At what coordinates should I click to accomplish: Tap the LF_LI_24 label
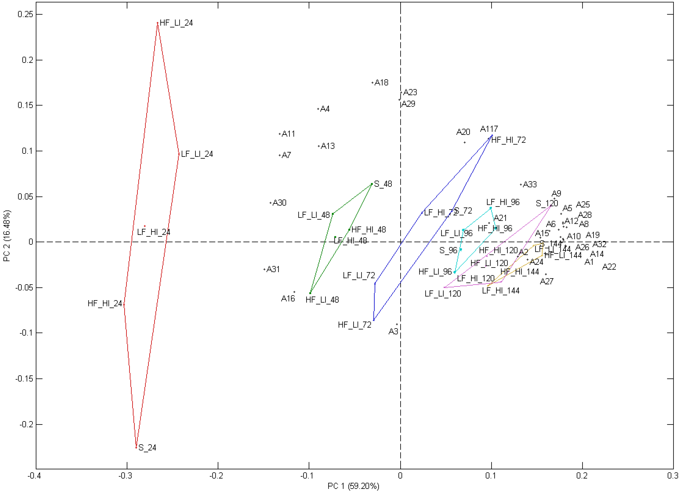pyautogui.click(x=197, y=154)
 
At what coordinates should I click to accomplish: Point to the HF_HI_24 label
pyautogui.click(x=105, y=304)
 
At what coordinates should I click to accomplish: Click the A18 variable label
pyautogui.click(x=381, y=83)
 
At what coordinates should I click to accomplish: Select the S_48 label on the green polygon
pyautogui.click(x=383, y=184)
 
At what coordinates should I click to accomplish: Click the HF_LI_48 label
pyautogui.click(x=322, y=300)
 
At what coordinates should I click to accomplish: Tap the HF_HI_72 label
pyautogui.click(x=509, y=140)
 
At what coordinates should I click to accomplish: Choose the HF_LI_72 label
pyautogui.click(x=355, y=325)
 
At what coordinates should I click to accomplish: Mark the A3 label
pyautogui.click(x=393, y=331)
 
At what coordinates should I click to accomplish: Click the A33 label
pyautogui.click(x=530, y=184)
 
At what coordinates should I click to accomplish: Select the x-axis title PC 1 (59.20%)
pyautogui.click(x=353, y=486)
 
